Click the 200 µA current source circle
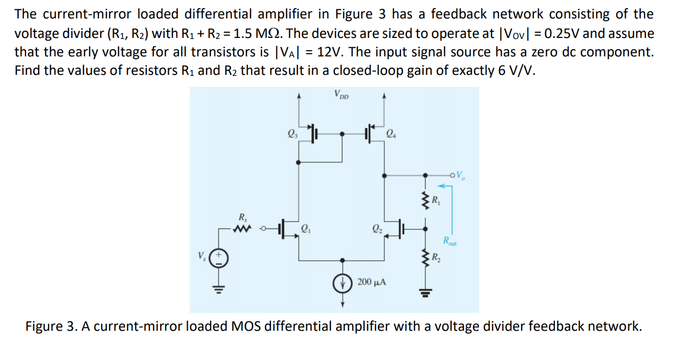click(343, 283)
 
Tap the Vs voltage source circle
click(217, 257)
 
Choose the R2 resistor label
click(434, 257)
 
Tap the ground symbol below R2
click(425, 294)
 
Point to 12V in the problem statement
click(331, 52)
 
